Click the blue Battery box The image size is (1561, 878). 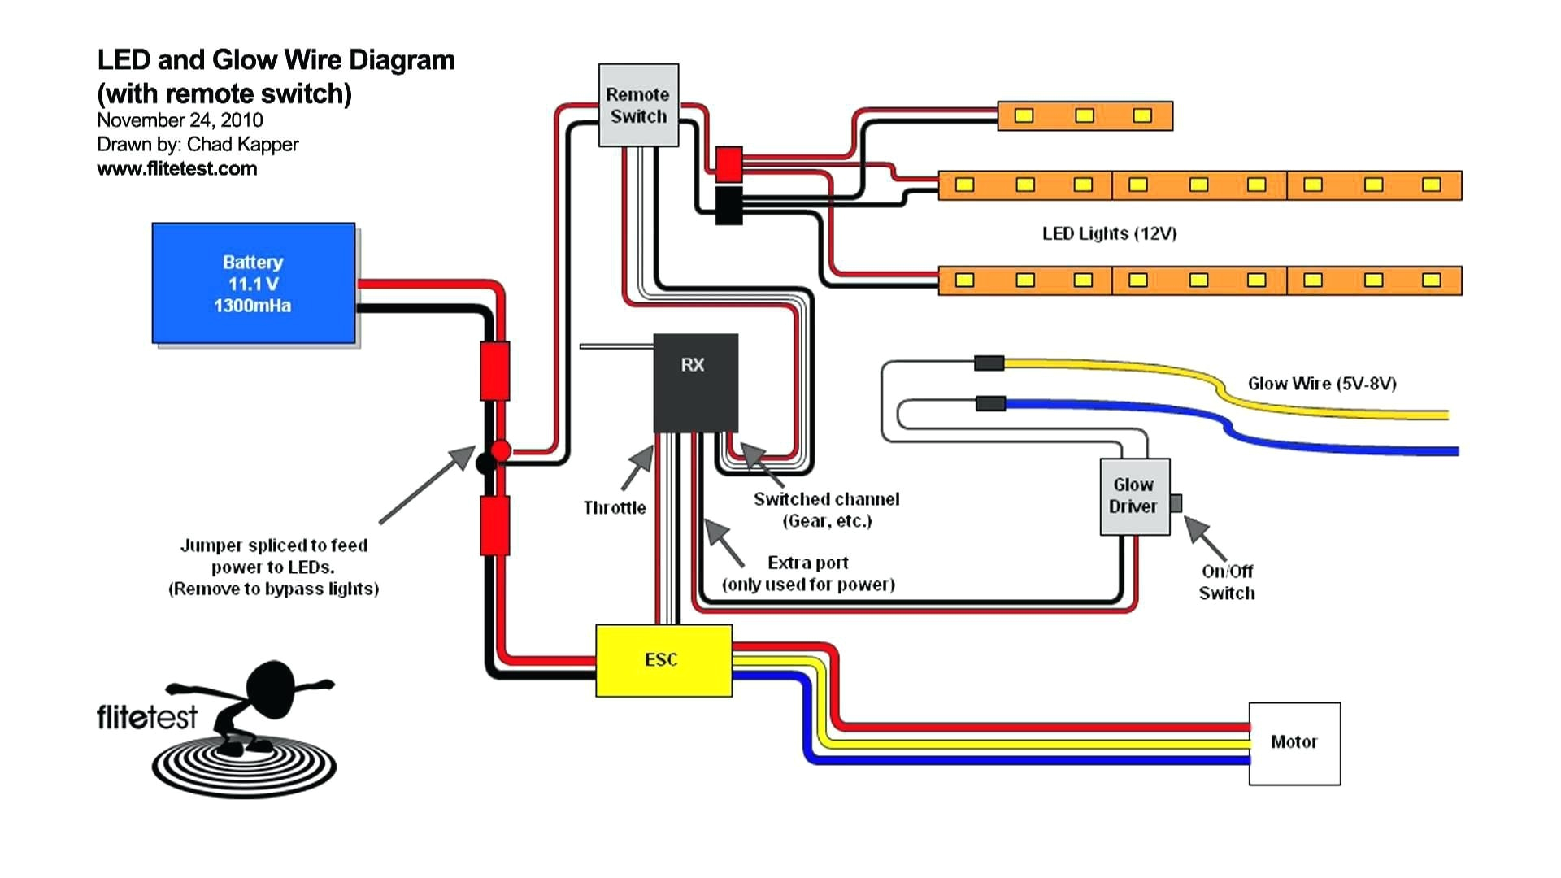click(254, 283)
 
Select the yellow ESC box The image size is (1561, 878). click(663, 660)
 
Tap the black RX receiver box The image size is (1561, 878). click(695, 382)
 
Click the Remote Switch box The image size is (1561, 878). click(638, 106)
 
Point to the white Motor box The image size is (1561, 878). click(1294, 743)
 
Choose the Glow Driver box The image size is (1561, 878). click(1134, 496)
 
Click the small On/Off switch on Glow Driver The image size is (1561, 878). click(1176, 503)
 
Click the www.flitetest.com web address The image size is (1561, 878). click(176, 168)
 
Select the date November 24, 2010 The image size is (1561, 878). click(180, 120)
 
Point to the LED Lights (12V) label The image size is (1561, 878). click(1109, 234)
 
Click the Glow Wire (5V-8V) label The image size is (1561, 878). click(1322, 384)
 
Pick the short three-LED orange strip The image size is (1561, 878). click(1085, 116)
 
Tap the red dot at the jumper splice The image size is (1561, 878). click(501, 450)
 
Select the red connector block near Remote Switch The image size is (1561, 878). click(728, 163)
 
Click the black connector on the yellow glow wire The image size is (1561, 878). click(989, 363)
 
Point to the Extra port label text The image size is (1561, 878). click(807, 563)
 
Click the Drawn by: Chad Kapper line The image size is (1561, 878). click(198, 145)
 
